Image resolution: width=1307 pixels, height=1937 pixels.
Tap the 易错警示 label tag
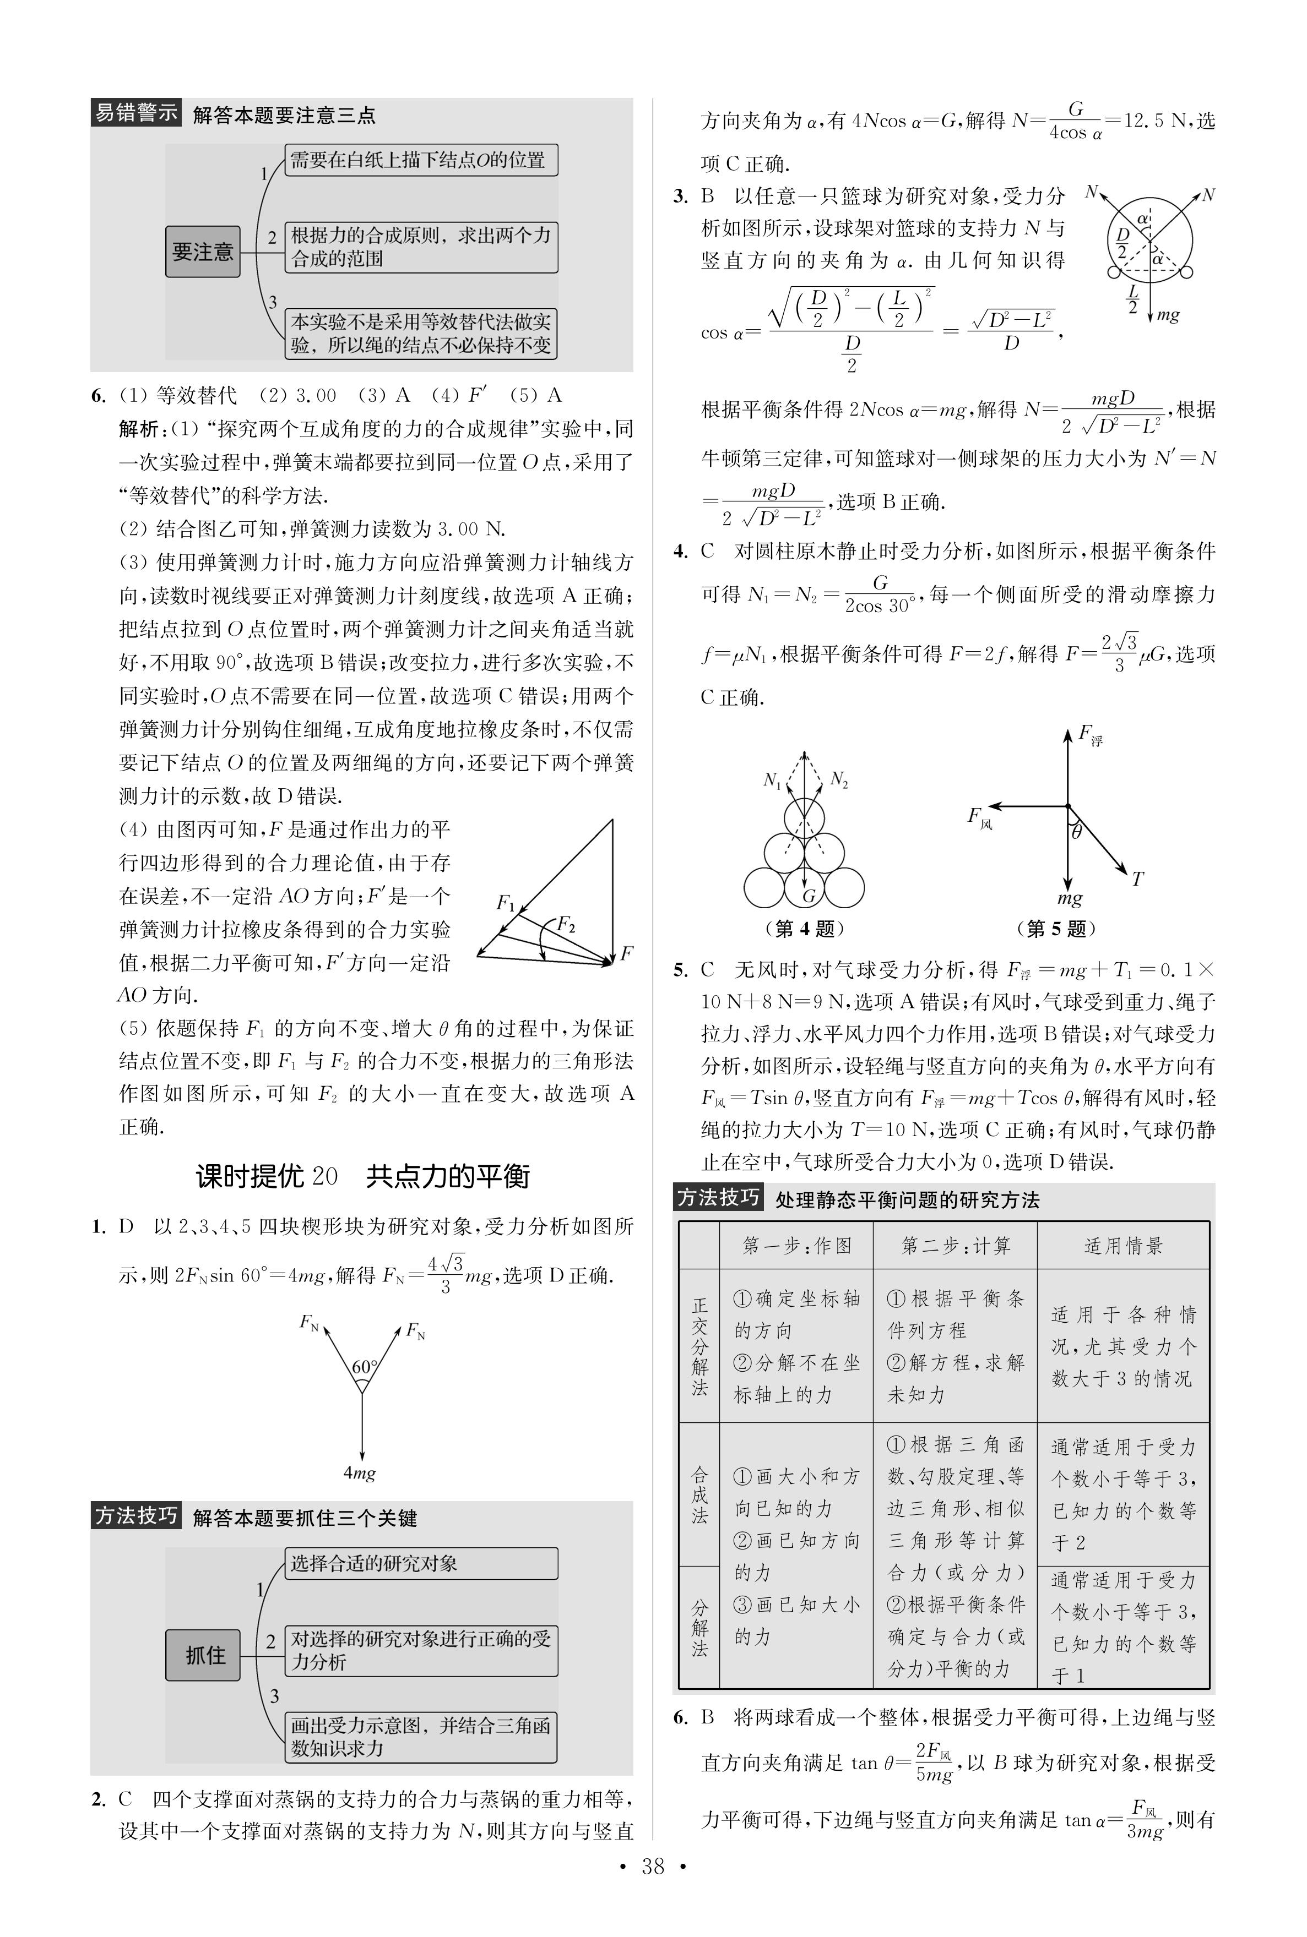[135, 112]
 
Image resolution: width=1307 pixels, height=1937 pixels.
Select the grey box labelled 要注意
[203, 251]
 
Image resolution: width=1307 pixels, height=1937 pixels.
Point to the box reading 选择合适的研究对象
[421, 1563]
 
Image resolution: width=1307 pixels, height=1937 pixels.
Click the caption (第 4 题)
[804, 928]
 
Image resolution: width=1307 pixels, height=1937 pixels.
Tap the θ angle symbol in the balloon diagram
[1077, 832]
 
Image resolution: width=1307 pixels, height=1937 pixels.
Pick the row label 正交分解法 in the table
[699, 1345]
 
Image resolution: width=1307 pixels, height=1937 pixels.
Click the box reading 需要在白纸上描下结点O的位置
[421, 160]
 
